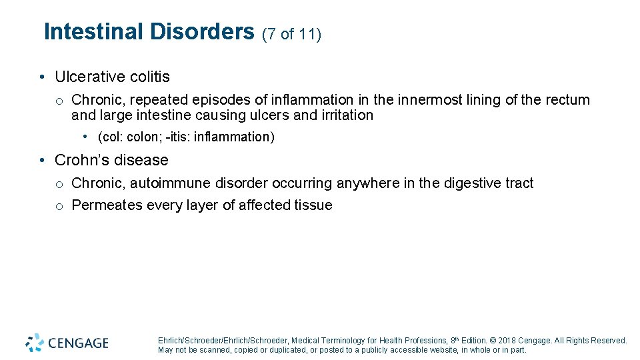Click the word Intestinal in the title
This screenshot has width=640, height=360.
[x=93, y=32]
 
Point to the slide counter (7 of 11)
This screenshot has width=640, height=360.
[x=292, y=34]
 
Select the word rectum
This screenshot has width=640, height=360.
[x=567, y=100]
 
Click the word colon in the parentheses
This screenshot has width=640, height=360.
[x=140, y=137]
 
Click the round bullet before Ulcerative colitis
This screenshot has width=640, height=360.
[x=41, y=78]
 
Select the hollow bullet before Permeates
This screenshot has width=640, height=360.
[x=59, y=206]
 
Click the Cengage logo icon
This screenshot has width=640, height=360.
[x=35, y=343]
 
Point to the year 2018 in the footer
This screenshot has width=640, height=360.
[x=507, y=341]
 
